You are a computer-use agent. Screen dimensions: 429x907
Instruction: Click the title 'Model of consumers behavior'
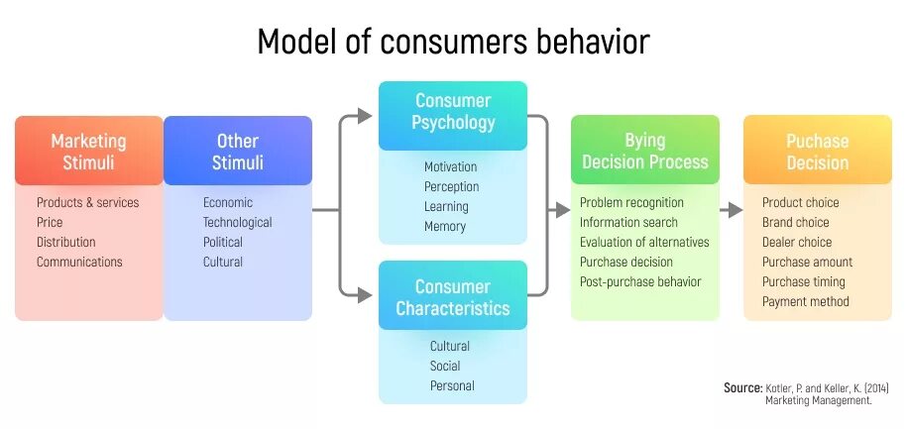click(453, 42)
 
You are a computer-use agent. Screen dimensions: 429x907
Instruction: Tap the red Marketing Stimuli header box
click(89, 151)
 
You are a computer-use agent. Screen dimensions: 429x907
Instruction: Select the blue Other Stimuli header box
click(238, 151)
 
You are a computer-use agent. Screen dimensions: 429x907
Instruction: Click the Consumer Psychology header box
click(453, 112)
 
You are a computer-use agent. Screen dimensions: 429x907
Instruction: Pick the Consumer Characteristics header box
click(453, 296)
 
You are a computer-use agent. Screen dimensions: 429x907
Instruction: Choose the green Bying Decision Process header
click(645, 151)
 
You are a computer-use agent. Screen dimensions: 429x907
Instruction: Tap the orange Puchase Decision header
click(818, 151)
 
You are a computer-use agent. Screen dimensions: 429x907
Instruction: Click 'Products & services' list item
click(88, 202)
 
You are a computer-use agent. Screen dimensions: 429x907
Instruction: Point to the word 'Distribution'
click(66, 242)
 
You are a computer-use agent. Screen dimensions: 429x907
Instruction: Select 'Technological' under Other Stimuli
click(238, 222)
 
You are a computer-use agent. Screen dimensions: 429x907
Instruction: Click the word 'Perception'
click(451, 186)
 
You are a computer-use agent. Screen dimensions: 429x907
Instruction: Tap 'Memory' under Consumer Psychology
click(445, 226)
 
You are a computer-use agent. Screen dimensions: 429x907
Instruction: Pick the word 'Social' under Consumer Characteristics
click(445, 366)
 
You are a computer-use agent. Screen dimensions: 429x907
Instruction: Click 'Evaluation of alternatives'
click(644, 242)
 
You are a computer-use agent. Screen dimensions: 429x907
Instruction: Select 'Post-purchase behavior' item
click(640, 281)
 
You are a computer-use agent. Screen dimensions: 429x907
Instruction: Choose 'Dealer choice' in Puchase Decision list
click(797, 242)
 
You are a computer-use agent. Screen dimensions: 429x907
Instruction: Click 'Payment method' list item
click(806, 301)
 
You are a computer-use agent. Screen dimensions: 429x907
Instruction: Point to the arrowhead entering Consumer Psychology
click(366, 116)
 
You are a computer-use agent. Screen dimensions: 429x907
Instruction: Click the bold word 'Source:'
click(742, 387)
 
